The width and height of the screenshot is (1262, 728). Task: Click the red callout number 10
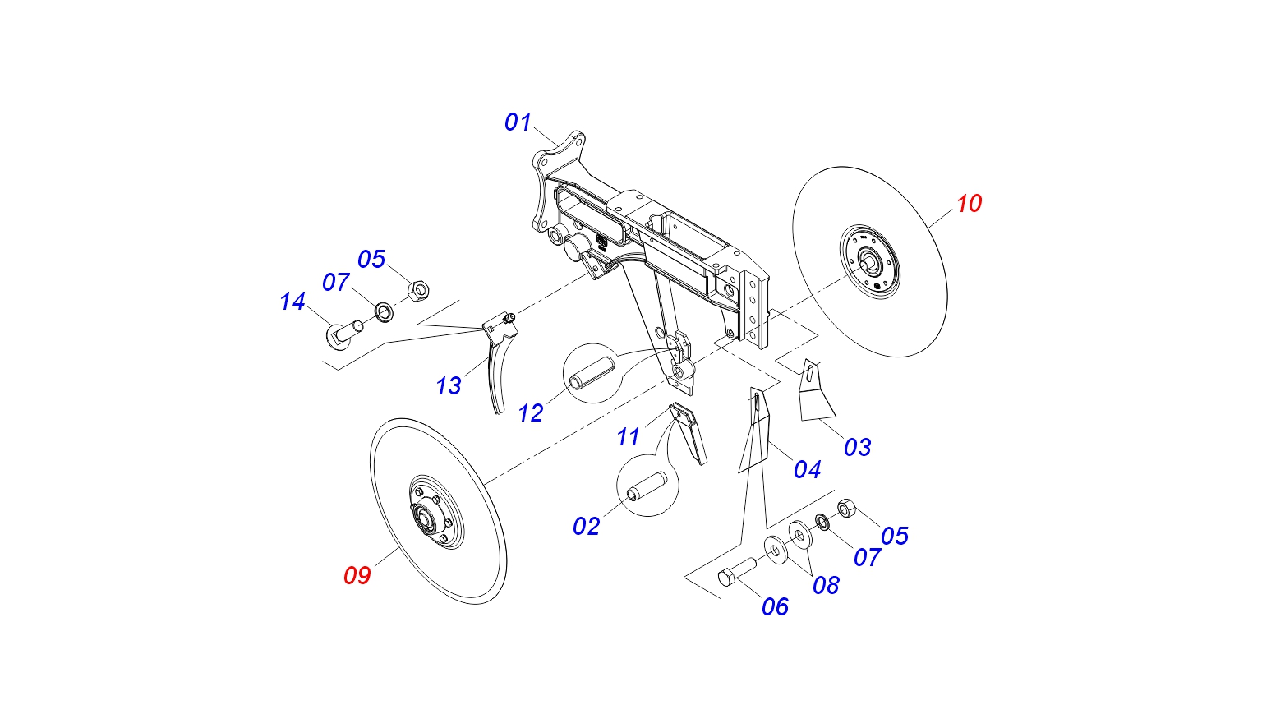tap(969, 204)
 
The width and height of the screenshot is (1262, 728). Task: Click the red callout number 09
tap(357, 575)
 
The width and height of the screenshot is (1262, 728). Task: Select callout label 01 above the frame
tap(518, 122)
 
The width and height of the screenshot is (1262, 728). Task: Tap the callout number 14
tap(292, 302)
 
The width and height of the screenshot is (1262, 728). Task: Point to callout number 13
tap(449, 385)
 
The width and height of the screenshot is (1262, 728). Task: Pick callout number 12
tap(531, 412)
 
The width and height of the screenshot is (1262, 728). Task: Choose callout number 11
tap(629, 436)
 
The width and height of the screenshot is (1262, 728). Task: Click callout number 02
tap(587, 526)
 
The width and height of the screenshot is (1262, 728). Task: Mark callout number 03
tap(857, 447)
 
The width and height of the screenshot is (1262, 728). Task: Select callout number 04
tap(807, 469)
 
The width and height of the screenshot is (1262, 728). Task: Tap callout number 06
tap(775, 606)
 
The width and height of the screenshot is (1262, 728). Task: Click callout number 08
tap(826, 585)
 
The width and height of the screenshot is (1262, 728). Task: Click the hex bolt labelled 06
tap(736, 570)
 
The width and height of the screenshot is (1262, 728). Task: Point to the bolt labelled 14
tap(345, 330)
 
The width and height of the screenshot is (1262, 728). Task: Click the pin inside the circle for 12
tap(590, 375)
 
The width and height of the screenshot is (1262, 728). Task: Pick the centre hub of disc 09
tap(426, 518)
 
